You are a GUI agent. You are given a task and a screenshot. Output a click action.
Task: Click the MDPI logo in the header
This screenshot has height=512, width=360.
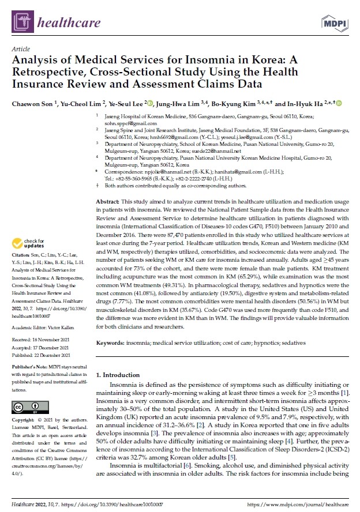335,22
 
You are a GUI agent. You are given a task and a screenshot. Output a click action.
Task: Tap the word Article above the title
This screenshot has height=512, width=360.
20,50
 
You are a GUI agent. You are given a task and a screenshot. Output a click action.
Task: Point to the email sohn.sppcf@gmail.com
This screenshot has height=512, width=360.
124,124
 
